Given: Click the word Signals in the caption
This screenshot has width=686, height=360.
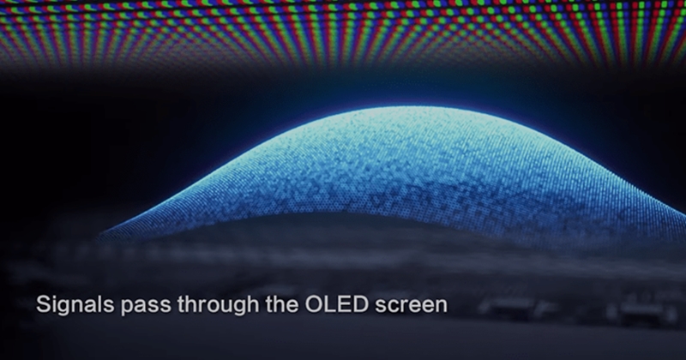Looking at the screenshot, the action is [75, 304].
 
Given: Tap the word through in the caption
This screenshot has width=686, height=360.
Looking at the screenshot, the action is [219, 305].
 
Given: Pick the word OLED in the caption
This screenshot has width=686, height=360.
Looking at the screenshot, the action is [337, 304].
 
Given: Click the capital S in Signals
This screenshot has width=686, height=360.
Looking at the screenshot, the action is [45, 304].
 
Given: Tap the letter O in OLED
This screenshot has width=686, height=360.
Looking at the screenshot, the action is [314, 304].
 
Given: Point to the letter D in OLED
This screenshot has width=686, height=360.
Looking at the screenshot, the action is [362, 304].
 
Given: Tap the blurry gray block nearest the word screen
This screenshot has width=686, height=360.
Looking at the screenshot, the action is [508, 306].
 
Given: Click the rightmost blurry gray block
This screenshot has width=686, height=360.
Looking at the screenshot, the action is [643, 311].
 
